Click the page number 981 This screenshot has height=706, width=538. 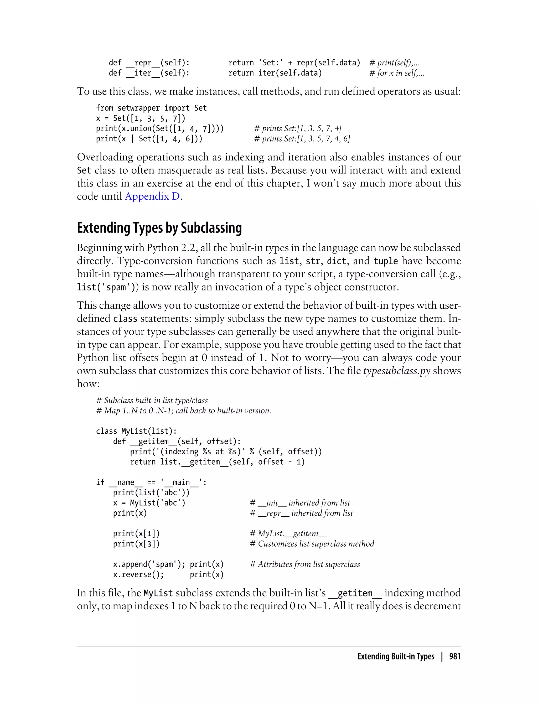point(455,657)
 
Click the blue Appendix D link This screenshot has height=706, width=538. point(152,196)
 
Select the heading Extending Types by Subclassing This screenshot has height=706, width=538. point(159,228)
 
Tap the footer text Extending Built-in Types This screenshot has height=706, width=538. point(396,657)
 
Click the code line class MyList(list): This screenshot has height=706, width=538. point(136,431)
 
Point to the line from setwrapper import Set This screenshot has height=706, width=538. point(151,108)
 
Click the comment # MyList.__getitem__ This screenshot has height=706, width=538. point(288,533)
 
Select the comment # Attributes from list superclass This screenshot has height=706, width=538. point(305,564)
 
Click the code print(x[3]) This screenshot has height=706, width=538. point(136,544)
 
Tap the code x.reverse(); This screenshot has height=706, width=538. point(138,574)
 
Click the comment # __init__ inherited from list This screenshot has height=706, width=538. point(300,503)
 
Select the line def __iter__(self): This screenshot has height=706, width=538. point(149,73)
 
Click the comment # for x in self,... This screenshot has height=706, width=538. point(397,73)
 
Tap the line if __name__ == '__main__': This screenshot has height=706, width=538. point(151,482)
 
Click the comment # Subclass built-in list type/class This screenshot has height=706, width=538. point(152,400)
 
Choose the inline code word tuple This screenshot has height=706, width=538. point(386,261)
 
